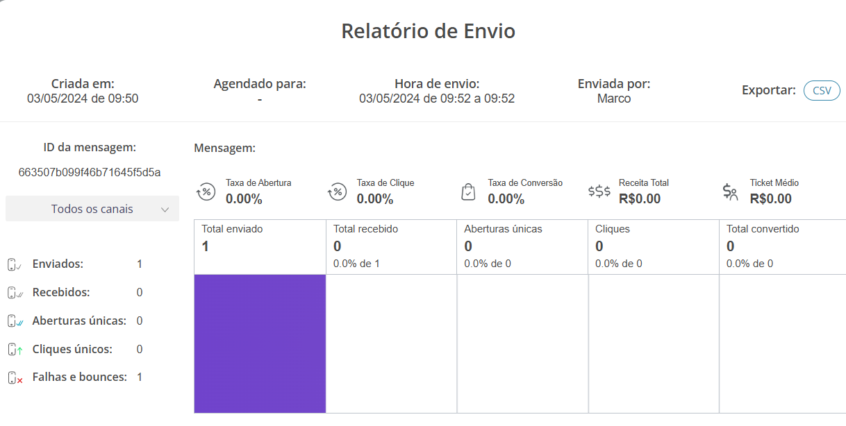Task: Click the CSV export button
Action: click(822, 91)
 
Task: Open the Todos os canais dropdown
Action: click(92, 209)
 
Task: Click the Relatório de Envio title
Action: click(428, 31)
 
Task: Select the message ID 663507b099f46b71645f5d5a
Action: click(90, 172)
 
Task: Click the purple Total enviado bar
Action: click(260, 343)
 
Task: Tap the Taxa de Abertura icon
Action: click(206, 191)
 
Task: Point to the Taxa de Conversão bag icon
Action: click(469, 191)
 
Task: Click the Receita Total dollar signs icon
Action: click(599, 191)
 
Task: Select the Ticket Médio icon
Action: click(730, 191)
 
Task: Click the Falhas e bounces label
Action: click(79, 377)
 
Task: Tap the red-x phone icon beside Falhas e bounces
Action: click(15, 378)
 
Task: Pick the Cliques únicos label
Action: click(72, 349)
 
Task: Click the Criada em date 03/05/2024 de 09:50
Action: click(83, 99)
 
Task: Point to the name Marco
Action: click(614, 99)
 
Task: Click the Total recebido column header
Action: click(365, 229)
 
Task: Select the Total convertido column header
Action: click(763, 229)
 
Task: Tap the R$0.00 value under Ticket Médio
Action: click(770, 199)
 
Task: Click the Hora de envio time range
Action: click(437, 99)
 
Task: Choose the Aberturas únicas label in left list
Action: click(79, 321)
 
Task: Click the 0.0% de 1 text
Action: click(356, 264)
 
